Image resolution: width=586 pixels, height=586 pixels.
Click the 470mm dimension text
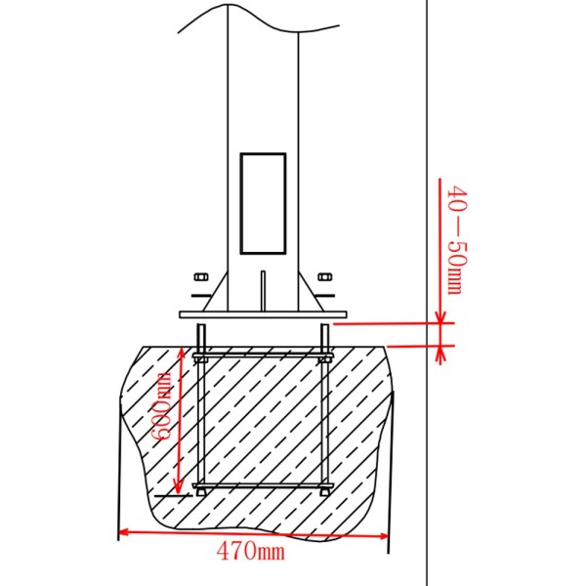pyautogui.click(x=252, y=553)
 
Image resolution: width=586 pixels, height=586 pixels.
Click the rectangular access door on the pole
pyautogui.click(x=263, y=202)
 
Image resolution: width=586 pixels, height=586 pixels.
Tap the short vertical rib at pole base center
pyautogui.click(x=263, y=290)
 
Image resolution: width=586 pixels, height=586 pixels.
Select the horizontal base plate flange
pyautogui.click(x=263, y=314)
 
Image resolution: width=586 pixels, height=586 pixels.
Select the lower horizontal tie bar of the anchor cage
pyautogui.click(x=263, y=484)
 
